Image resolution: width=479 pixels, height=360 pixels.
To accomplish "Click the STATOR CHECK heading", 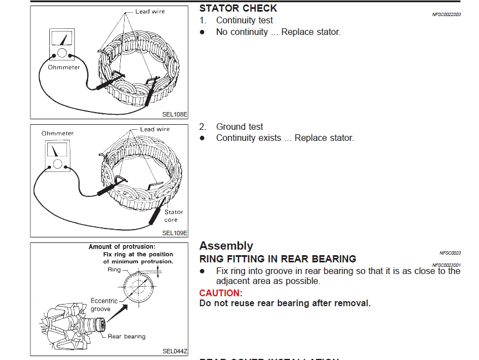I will point(238,8).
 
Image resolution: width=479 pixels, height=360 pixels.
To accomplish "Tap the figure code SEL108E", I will point(175,115).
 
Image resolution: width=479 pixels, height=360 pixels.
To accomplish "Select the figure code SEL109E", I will point(175,234).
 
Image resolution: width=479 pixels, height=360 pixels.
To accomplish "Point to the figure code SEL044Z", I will point(175,351).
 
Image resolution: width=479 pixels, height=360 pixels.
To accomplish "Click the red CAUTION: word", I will point(221,293).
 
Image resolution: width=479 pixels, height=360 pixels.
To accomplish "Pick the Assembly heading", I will point(226,246).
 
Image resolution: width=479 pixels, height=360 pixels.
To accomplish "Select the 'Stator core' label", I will point(174,216).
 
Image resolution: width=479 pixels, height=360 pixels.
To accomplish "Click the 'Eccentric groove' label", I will point(104,305).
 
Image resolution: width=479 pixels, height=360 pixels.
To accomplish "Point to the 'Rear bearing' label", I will point(126,336).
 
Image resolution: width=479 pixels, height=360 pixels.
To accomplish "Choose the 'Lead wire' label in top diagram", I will point(150,11).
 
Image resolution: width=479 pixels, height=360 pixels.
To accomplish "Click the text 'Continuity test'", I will point(244,21).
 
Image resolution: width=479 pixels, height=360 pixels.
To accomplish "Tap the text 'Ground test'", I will point(239,126).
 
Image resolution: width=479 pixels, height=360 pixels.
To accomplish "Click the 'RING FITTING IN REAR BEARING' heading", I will point(278,259).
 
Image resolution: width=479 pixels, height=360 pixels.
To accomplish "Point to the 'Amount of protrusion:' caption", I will point(122,247).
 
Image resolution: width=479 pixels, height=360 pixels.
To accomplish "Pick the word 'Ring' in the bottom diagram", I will point(114,270).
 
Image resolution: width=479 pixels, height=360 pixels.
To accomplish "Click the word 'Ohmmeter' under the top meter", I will point(64,67).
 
